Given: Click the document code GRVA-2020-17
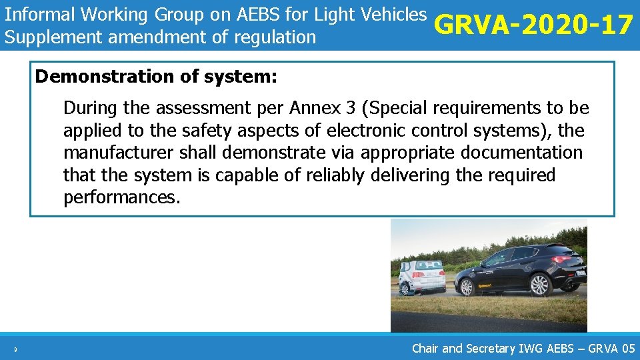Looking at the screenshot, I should (533, 25).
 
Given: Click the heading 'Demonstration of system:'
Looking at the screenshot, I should (156, 77).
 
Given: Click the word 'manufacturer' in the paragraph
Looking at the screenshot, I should (119, 153).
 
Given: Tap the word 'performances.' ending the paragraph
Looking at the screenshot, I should (122, 198).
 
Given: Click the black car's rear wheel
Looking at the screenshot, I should (539, 285).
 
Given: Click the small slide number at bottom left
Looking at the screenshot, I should (14, 348).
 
